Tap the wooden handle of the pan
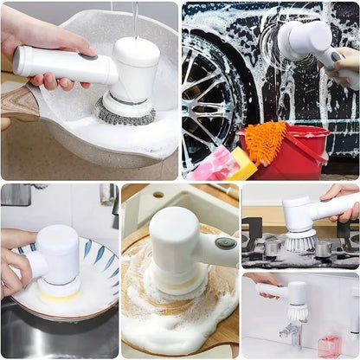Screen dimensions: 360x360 click(x=19, y=103)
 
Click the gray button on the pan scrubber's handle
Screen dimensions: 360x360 click(x=87, y=56)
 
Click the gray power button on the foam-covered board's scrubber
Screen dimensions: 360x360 click(x=227, y=242)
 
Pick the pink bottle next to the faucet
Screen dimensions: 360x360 click(x=329, y=344)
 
